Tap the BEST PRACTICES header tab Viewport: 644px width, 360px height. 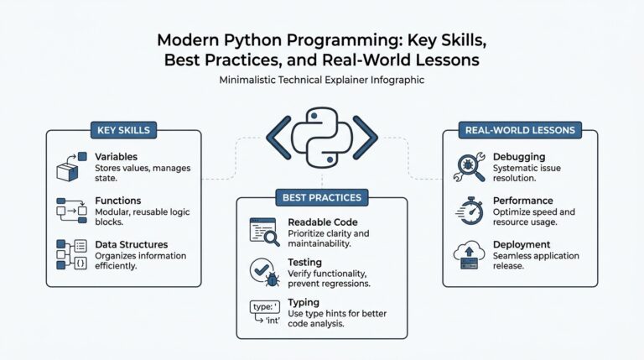pos(322,197)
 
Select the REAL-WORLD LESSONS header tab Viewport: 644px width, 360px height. pos(520,130)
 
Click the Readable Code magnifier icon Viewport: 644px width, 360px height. pos(263,231)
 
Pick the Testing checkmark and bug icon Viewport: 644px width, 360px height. pos(263,271)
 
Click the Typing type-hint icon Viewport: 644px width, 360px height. pos(263,312)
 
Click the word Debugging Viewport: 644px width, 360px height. pos(520,157)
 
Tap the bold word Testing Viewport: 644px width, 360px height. pos(305,263)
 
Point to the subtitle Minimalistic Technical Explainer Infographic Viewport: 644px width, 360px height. pos(322,81)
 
